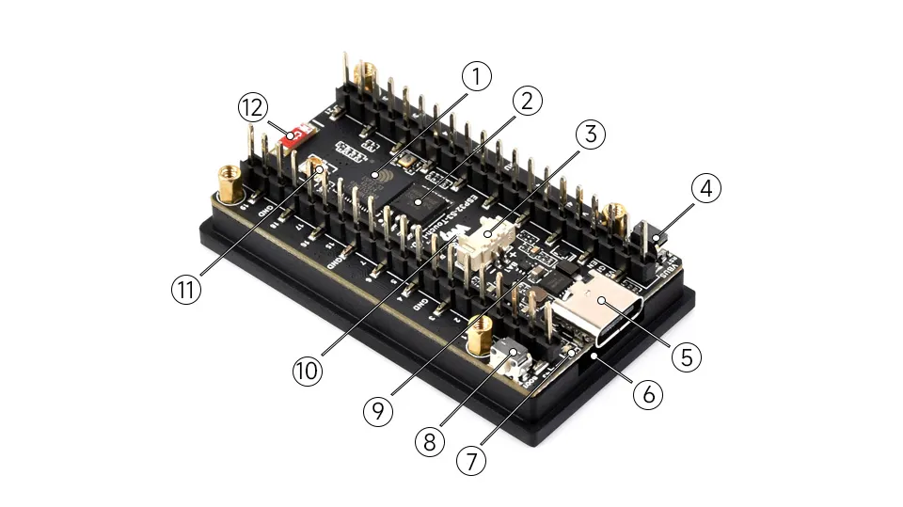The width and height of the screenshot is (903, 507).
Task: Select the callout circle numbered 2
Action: pyautogui.click(x=527, y=101)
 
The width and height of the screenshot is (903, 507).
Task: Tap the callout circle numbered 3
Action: pyautogui.click(x=589, y=134)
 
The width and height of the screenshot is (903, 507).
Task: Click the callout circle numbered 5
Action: pyautogui.click(x=686, y=356)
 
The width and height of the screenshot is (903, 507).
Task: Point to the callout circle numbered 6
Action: pyautogui.click(x=647, y=395)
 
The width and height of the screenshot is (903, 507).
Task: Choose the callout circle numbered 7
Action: pyautogui.click(x=472, y=461)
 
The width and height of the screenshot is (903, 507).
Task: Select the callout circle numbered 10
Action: pyautogui.click(x=307, y=370)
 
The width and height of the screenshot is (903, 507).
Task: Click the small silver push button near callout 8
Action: pyautogui.click(x=514, y=356)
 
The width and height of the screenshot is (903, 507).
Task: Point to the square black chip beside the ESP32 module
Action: pyautogui.click(x=413, y=197)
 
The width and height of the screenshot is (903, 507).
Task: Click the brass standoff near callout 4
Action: pyautogui.click(x=617, y=215)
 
